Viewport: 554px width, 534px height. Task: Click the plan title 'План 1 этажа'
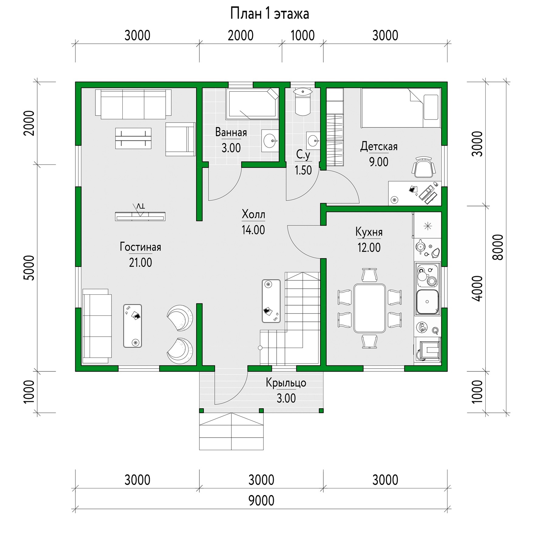point(269,14)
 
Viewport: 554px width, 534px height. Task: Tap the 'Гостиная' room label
point(140,247)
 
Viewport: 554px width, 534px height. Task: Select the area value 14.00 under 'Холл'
point(253,230)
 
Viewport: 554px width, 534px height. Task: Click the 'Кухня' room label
point(369,232)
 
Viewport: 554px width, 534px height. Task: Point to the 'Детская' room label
point(379,147)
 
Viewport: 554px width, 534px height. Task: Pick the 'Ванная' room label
point(231,132)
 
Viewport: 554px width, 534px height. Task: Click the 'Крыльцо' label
point(286,383)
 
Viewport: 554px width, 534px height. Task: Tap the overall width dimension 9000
point(261,500)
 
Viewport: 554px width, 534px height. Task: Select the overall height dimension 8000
point(498,247)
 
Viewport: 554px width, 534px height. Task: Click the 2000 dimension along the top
point(241,36)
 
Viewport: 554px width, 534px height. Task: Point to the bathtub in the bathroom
point(252,104)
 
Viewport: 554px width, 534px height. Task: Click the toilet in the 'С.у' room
point(303,102)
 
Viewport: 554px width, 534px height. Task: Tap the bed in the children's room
point(401,108)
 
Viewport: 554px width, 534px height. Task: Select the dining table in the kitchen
point(370,308)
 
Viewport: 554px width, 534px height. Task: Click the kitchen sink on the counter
point(427,302)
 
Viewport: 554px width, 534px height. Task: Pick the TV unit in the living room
point(140,216)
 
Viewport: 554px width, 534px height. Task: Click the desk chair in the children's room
point(424,167)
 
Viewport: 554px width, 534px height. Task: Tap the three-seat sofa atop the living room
point(133,104)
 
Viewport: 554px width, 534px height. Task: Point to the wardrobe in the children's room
point(335,127)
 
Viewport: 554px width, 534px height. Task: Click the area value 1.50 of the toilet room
point(303,170)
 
